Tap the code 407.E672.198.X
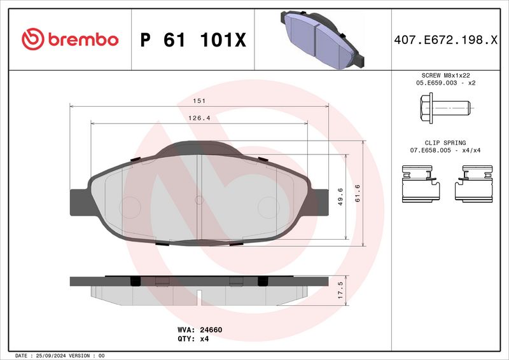445,40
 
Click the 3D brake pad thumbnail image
321,39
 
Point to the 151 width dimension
199,101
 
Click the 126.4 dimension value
199,118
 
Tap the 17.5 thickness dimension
340,289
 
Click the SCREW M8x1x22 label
445,76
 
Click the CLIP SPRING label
445,143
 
